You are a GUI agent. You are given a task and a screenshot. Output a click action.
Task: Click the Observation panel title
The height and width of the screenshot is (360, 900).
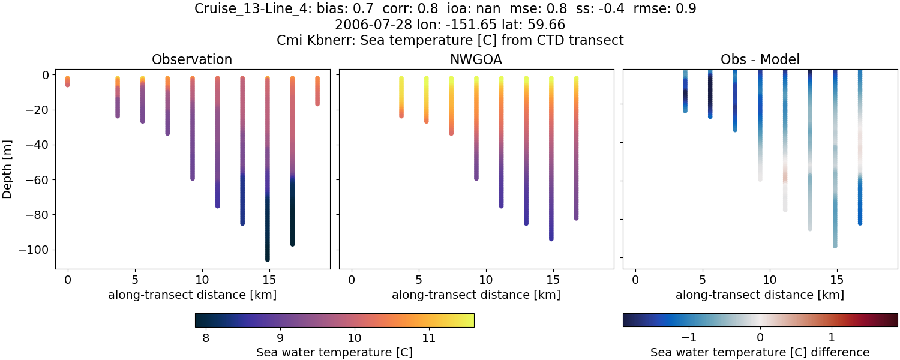click(x=192, y=59)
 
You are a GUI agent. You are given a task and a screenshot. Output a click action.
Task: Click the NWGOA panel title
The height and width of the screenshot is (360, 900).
click(x=476, y=59)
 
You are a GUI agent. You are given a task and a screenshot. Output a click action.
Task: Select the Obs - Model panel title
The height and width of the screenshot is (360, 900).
click(x=760, y=59)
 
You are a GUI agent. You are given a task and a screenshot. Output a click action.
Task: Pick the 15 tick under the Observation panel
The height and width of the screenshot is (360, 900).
click(x=269, y=280)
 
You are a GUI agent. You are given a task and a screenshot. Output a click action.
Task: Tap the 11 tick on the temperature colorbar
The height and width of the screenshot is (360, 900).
click(x=429, y=338)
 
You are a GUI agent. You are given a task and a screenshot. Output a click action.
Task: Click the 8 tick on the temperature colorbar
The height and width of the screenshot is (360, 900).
click(x=206, y=338)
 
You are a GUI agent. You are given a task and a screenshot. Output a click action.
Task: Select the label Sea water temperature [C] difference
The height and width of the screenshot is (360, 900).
click(x=760, y=353)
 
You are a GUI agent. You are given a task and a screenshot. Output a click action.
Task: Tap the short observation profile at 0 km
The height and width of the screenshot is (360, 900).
click(x=68, y=82)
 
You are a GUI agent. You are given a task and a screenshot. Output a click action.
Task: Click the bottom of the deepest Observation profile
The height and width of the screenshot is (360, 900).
click(x=267, y=259)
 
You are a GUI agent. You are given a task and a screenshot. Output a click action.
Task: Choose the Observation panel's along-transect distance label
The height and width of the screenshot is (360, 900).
click(x=192, y=295)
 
